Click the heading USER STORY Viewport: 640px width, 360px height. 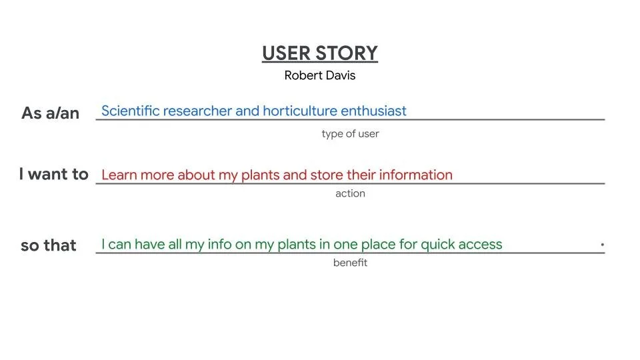(x=320, y=53)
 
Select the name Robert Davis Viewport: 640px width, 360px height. (x=320, y=75)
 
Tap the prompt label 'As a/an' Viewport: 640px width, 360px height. (x=51, y=113)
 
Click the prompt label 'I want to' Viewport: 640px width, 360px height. (x=54, y=175)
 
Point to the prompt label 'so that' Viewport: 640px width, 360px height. (x=49, y=245)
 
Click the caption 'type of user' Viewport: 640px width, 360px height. (x=350, y=134)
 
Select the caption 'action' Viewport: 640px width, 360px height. (x=350, y=194)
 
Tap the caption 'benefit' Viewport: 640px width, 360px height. (x=350, y=263)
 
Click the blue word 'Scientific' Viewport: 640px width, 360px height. (x=130, y=111)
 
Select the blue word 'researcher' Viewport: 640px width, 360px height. (x=197, y=111)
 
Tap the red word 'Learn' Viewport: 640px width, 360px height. (x=119, y=175)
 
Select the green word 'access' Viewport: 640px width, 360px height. (x=482, y=245)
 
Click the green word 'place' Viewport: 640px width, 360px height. (x=375, y=245)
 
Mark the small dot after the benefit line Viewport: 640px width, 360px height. (x=602, y=245)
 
